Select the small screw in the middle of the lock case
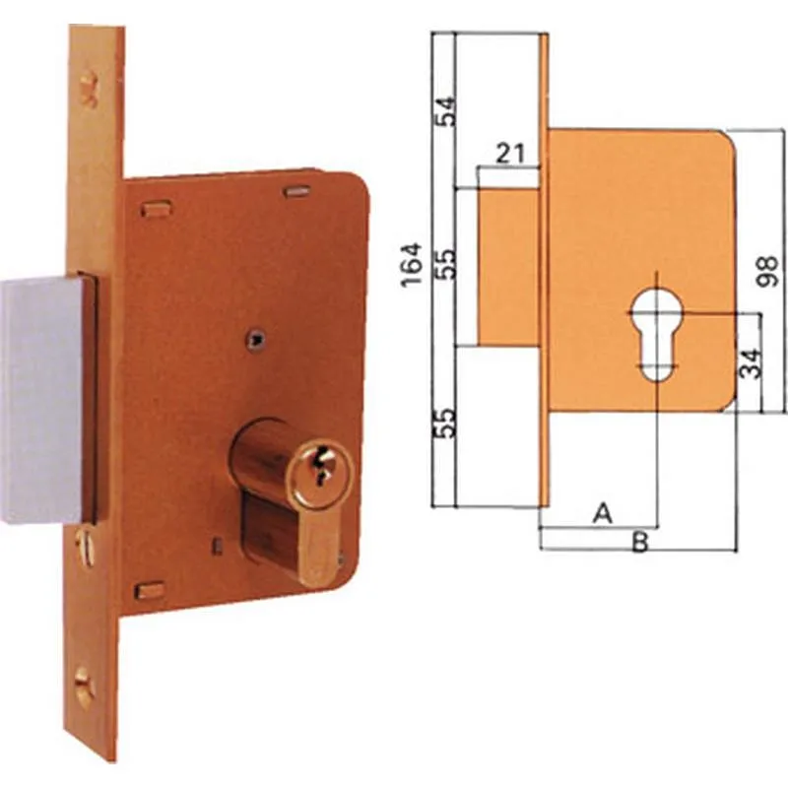(256, 339)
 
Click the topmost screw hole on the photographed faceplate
(90, 88)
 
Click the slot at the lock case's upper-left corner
(156, 209)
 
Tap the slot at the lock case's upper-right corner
(297, 190)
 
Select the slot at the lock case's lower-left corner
(150, 590)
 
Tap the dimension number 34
(751, 361)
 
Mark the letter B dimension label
(639, 542)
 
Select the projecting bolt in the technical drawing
(508, 266)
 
